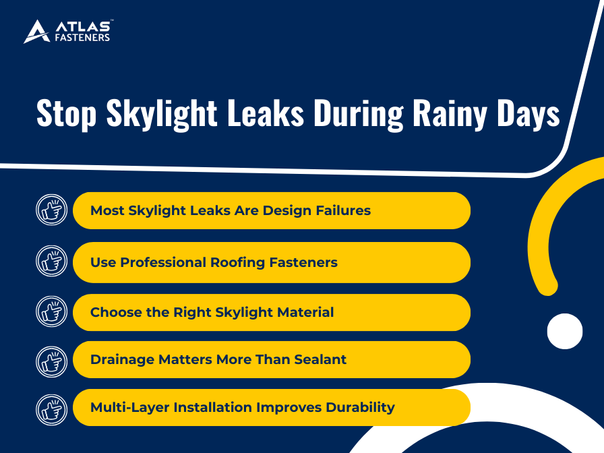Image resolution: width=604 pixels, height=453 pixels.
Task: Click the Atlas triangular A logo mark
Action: (x=37, y=32)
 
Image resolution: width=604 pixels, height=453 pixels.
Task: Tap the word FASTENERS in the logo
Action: (x=82, y=37)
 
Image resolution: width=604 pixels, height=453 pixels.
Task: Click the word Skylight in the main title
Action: (x=162, y=113)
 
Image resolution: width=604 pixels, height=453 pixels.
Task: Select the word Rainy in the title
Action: (x=450, y=114)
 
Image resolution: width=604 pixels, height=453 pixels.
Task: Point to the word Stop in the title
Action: (x=66, y=113)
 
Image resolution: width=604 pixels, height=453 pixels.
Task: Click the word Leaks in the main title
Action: (x=266, y=113)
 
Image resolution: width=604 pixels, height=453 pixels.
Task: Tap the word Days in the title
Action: (x=528, y=114)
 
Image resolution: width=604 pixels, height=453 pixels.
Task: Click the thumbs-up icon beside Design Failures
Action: (x=52, y=210)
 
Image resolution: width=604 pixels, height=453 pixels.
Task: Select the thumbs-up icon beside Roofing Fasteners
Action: (x=52, y=261)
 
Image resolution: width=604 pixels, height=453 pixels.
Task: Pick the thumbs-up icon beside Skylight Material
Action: (x=52, y=311)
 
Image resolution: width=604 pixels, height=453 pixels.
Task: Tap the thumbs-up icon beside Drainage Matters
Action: (x=52, y=362)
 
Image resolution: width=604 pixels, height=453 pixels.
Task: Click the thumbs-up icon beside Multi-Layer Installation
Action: (x=52, y=409)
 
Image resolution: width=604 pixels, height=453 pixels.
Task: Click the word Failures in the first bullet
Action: (x=343, y=210)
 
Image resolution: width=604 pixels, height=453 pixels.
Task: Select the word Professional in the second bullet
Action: (x=163, y=262)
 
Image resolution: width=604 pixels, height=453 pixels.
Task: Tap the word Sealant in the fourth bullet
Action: (x=320, y=359)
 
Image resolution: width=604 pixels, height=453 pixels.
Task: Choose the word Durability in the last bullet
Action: (x=360, y=408)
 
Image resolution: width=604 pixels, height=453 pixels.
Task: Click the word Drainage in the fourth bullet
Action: (x=122, y=360)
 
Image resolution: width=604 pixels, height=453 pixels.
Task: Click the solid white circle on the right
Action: (x=565, y=331)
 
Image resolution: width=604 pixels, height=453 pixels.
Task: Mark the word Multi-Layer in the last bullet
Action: (x=129, y=408)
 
